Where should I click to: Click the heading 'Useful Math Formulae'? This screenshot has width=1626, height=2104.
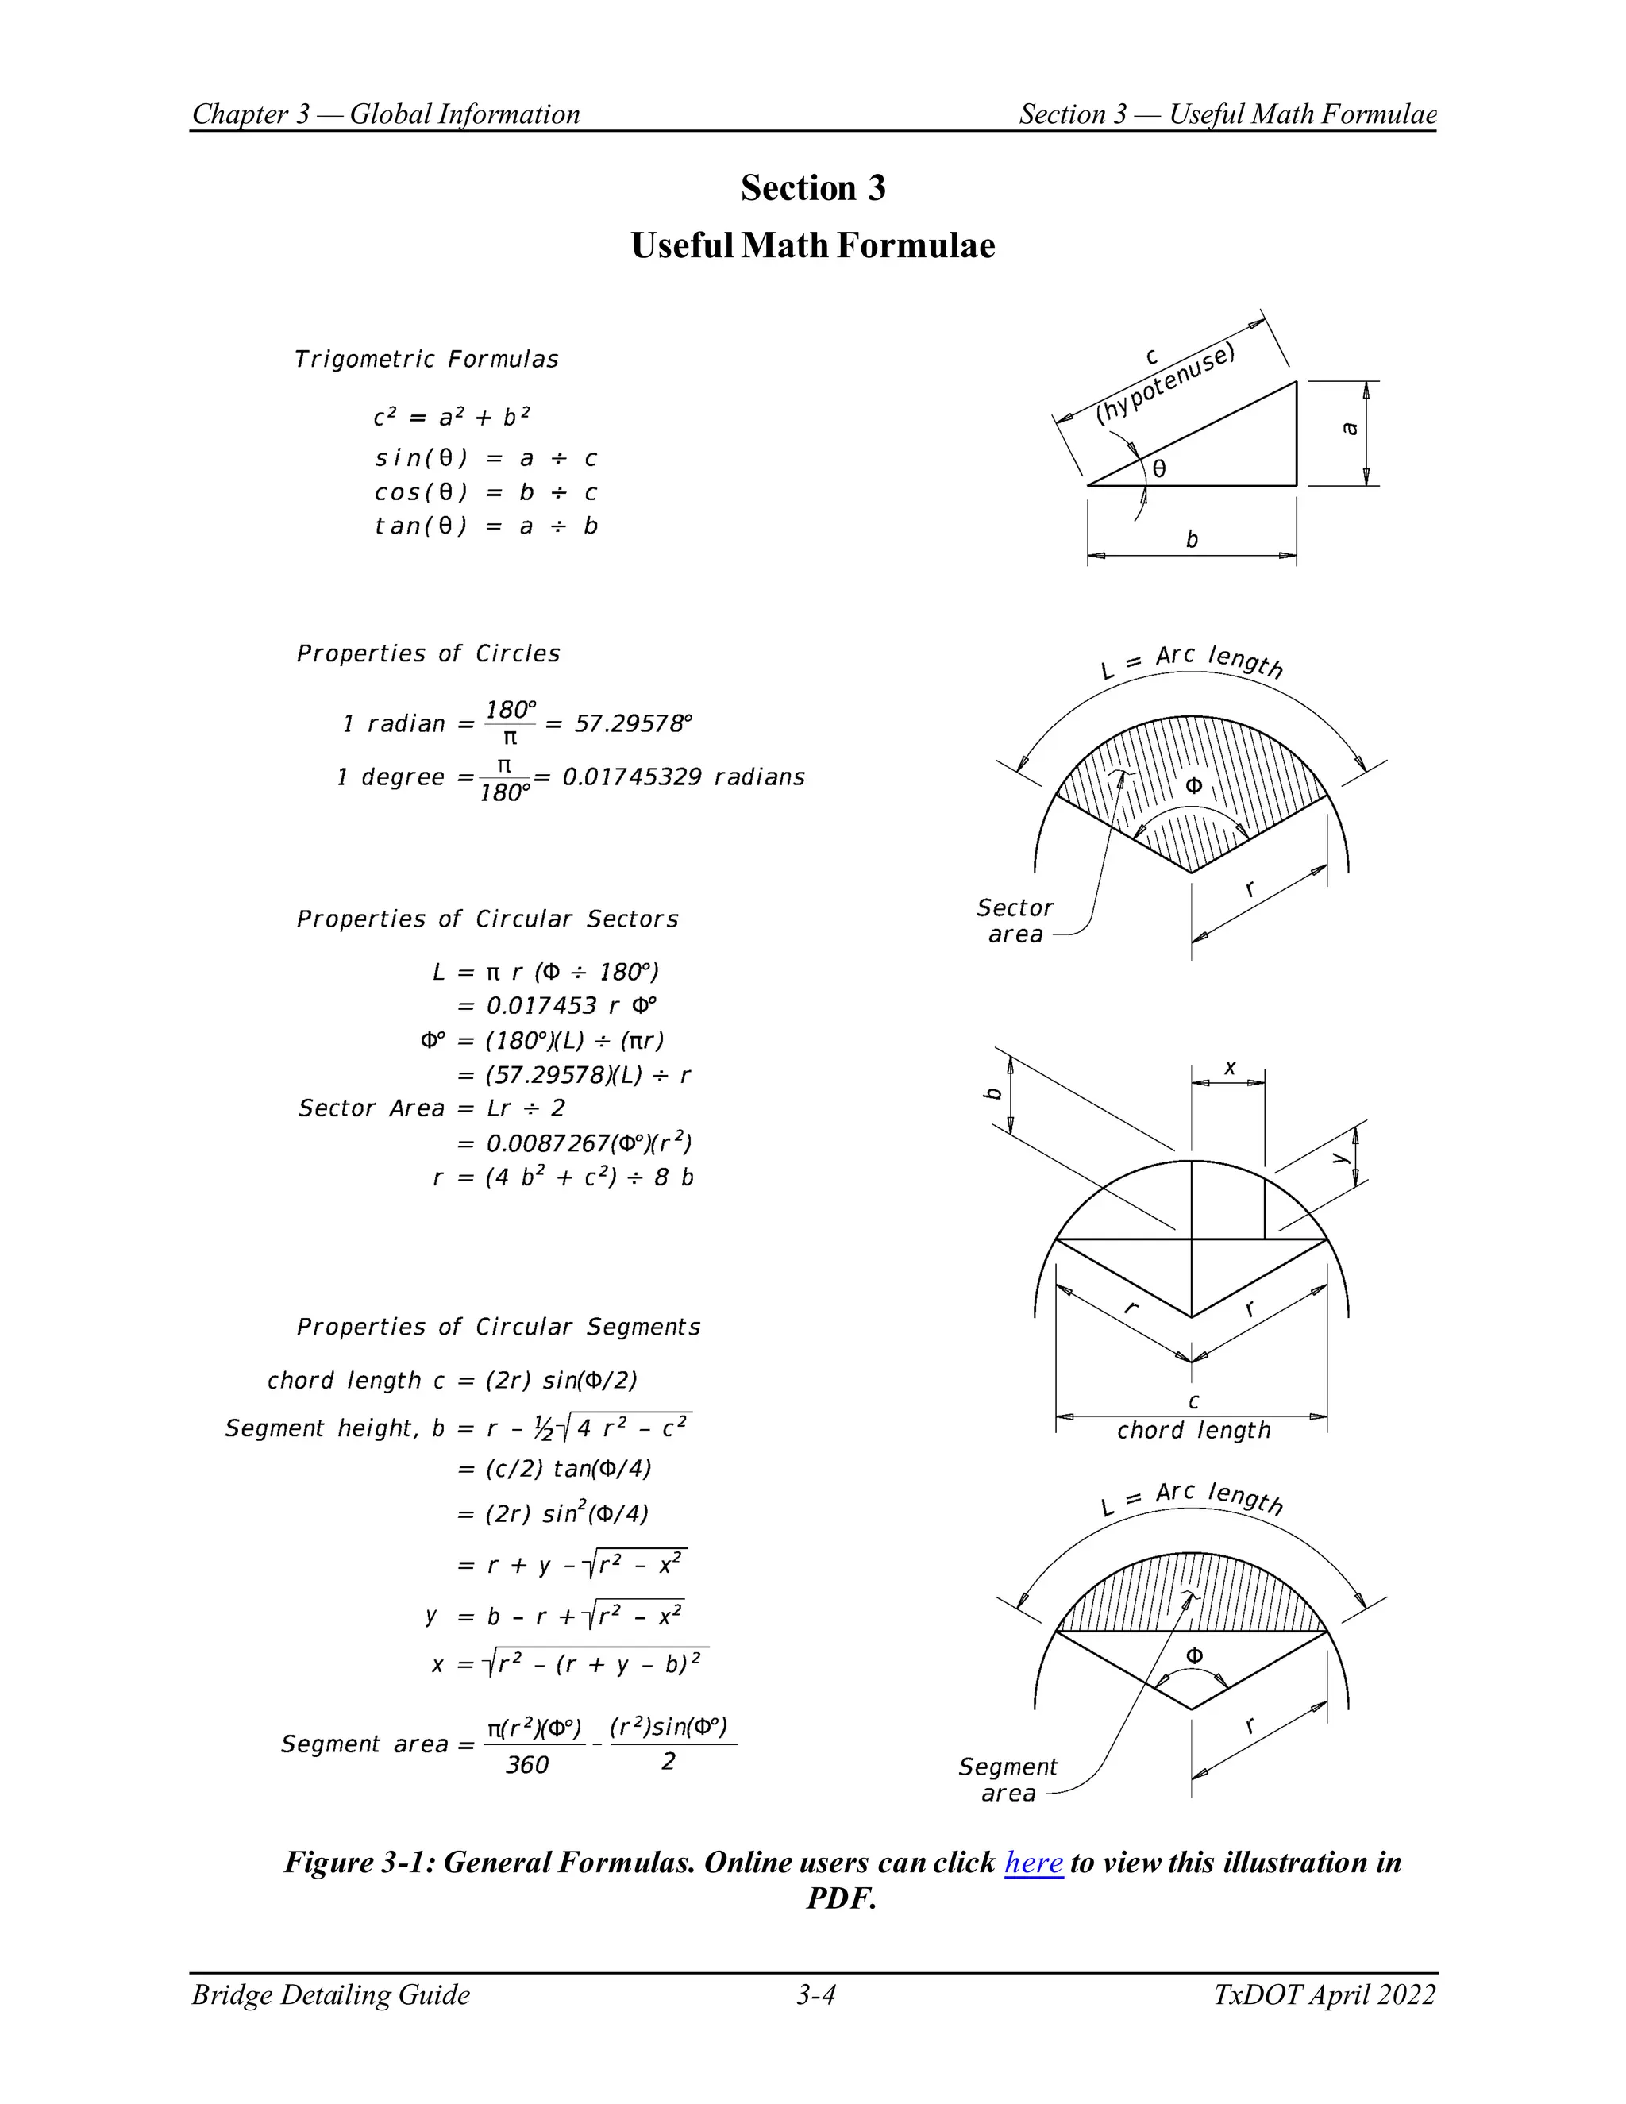[812, 245]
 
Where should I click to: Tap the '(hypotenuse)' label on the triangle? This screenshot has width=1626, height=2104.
[1166, 383]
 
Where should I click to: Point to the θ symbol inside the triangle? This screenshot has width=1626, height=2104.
[1160, 469]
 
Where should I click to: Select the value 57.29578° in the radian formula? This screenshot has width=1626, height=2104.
[633, 723]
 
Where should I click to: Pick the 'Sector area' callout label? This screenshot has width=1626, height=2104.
[1015, 921]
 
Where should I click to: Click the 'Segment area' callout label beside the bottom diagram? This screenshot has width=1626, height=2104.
[1007, 1779]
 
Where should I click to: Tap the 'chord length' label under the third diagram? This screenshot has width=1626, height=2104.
[1193, 1431]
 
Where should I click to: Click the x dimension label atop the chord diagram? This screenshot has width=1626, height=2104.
[1229, 1067]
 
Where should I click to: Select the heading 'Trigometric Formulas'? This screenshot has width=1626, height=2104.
[426, 360]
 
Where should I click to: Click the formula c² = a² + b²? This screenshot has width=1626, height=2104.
[451, 417]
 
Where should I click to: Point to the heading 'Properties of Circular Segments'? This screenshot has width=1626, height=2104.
[498, 1327]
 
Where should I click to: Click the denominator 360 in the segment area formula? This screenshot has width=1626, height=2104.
[527, 1765]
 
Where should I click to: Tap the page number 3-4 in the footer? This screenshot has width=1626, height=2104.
[815, 1994]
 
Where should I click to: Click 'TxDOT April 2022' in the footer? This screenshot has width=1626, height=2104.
[1324, 1994]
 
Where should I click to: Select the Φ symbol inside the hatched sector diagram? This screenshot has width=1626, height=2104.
[1193, 786]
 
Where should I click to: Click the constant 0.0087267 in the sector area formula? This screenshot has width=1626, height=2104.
[548, 1143]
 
